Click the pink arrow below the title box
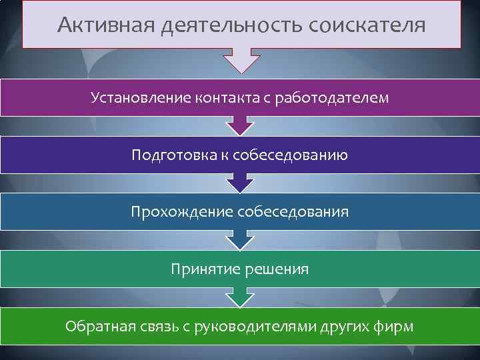(x=239, y=61)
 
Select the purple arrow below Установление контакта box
(x=239, y=125)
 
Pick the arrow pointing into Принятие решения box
(x=239, y=240)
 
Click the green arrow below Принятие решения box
(x=239, y=297)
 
